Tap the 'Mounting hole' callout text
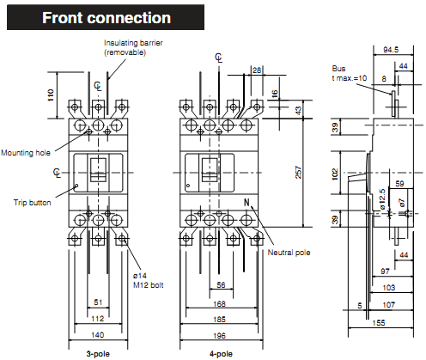(x=25, y=152)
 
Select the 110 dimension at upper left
(x=50, y=94)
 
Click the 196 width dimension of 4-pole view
(x=221, y=336)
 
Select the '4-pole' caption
(x=221, y=353)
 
